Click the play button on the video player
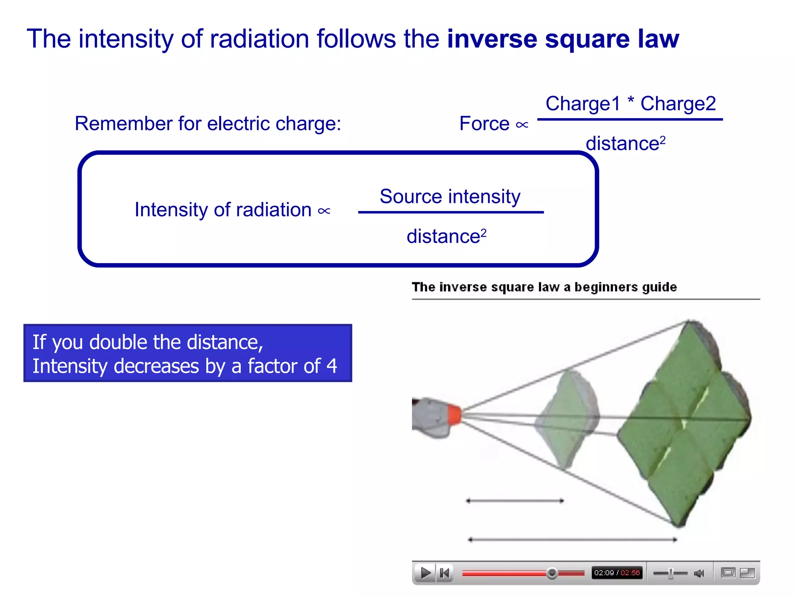pyautogui.click(x=425, y=573)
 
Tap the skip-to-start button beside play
pyautogui.click(x=444, y=573)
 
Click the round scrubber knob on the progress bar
pyautogui.click(x=552, y=573)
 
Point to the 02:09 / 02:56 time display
pyautogui.click(x=617, y=573)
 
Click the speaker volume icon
pyautogui.click(x=698, y=573)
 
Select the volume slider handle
pyautogui.click(x=671, y=573)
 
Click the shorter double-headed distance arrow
pyautogui.click(x=515, y=501)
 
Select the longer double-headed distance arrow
pyautogui.click(x=573, y=539)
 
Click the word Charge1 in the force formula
pyautogui.click(x=583, y=103)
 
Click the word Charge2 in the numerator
pyautogui.click(x=678, y=103)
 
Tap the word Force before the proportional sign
pyautogui.click(x=484, y=124)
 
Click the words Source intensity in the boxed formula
pyautogui.click(x=450, y=196)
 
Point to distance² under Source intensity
pyautogui.click(x=446, y=236)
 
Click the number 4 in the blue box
pyautogui.click(x=332, y=366)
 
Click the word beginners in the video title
pyautogui.click(x=606, y=287)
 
